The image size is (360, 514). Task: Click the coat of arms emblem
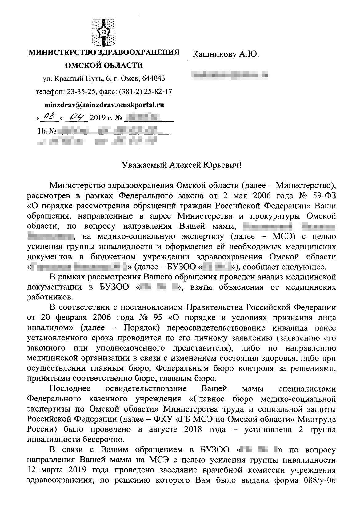(104, 33)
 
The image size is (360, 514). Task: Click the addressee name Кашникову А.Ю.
(226, 55)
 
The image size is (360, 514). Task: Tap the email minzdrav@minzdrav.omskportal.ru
(104, 105)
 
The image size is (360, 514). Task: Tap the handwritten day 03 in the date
(49, 117)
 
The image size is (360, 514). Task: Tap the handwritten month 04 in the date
(78, 117)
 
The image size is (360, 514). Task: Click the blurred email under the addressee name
(229, 74)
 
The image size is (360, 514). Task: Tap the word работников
(50, 297)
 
